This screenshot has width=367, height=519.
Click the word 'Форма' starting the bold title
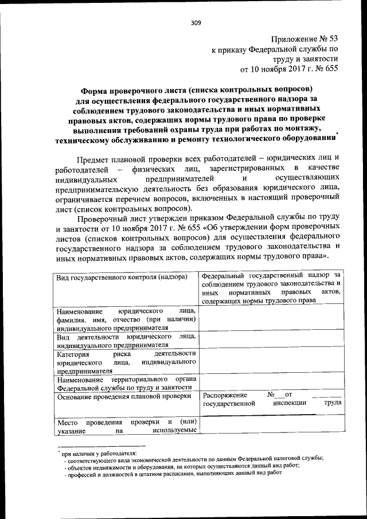tap(94, 89)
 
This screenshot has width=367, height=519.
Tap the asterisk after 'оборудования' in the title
tap(338, 135)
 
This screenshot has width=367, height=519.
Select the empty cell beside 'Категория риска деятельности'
tap(272, 362)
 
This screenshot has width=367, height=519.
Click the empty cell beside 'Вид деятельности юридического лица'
tap(272, 341)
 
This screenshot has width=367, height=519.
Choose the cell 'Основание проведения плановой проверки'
tap(123, 396)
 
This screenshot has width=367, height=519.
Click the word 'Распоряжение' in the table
tap(225, 395)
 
